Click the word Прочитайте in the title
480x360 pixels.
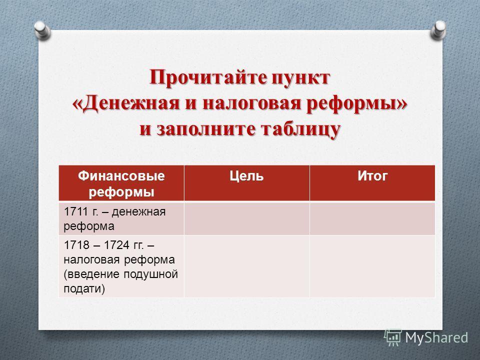pos(207,78)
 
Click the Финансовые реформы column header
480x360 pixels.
pos(121,183)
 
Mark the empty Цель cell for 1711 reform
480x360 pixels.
pos(246,218)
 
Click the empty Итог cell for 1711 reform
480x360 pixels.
pos(372,218)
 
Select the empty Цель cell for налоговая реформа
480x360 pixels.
pos(246,266)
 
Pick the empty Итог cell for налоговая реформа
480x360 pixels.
pos(372,266)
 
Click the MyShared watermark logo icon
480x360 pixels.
pos(393,337)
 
